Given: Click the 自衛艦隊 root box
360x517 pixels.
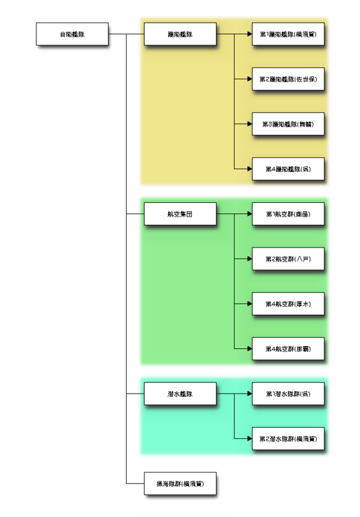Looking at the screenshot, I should [72, 34].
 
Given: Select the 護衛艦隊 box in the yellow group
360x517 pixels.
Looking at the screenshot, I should [180, 34].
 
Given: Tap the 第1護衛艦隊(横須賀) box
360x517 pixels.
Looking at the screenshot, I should [288, 34].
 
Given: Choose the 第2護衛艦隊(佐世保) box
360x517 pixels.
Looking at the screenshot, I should [288, 79].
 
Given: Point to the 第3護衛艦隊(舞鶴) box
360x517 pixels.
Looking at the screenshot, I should [288, 123].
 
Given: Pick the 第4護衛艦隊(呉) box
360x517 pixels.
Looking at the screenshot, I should [288, 169].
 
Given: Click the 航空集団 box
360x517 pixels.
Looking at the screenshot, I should [180, 214].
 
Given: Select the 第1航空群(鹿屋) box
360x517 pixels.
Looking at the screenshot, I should [288, 214].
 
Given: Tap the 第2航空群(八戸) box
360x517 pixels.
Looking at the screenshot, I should [288, 258].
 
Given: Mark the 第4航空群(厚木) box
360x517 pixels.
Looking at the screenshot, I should [288, 304].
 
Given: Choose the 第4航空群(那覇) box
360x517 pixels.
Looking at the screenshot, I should [288, 349].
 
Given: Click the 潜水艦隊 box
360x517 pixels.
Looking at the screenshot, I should [180, 394].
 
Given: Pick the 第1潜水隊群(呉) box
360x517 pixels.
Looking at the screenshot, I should [288, 394].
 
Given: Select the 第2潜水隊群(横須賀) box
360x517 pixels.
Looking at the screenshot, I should [288, 439].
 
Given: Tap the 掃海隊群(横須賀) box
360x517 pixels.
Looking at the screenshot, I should [180, 483].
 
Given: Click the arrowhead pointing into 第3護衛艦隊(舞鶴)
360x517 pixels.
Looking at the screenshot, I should [249, 123].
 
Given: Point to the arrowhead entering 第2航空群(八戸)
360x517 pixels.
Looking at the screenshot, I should [249, 258].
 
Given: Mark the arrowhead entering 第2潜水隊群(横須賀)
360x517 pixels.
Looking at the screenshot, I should [249, 439].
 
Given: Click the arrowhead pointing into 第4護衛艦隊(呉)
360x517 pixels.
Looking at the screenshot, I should [249, 169].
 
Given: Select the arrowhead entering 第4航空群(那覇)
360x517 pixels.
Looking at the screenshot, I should [249, 349].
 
